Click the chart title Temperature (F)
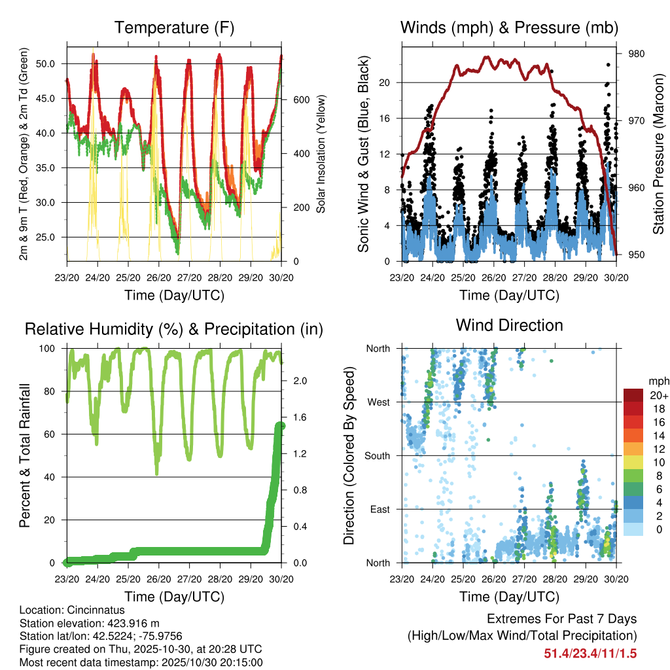click(x=174, y=27)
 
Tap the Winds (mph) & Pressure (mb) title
click(x=509, y=27)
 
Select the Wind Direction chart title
click(x=509, y=325)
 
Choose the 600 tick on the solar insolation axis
click(x=300, y=99)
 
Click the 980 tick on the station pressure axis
click(x=637, y=54)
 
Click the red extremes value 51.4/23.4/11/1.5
click(x=590, y=653)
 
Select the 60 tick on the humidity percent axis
click(x=55, y=434)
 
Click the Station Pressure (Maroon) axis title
click(x=658, y=154)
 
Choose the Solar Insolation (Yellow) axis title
click(x=321, y=154)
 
